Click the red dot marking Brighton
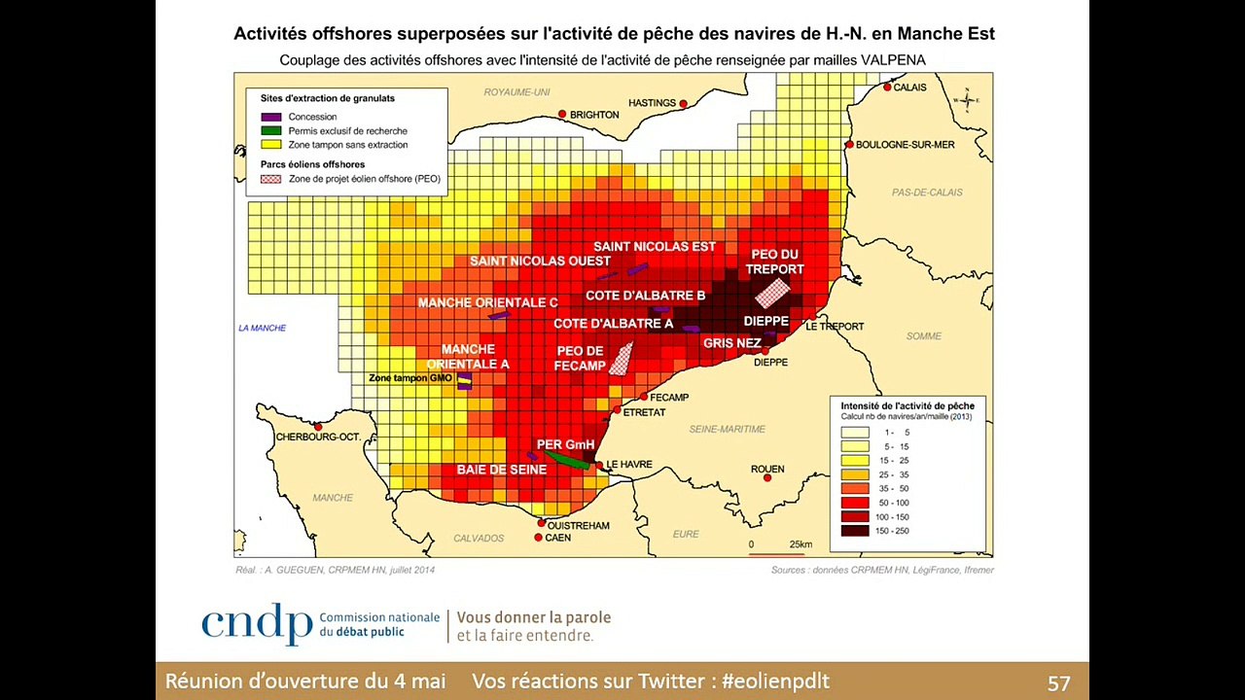(562, 114)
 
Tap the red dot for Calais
(887, 87)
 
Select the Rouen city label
(766, 469)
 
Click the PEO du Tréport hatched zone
(772, 293)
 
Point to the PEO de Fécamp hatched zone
(621, 359)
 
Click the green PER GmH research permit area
(566, 458)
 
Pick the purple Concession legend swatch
(271, 117)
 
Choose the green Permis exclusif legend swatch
(271, 130)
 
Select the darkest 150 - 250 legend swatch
(855, 531)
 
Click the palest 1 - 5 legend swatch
(855, 431)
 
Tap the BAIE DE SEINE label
(502, 470)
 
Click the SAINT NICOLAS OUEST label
(540, 261)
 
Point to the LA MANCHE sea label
(263, 328)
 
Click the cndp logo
(257, 624)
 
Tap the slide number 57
(1058, 682)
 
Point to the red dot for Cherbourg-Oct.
(318, 426)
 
